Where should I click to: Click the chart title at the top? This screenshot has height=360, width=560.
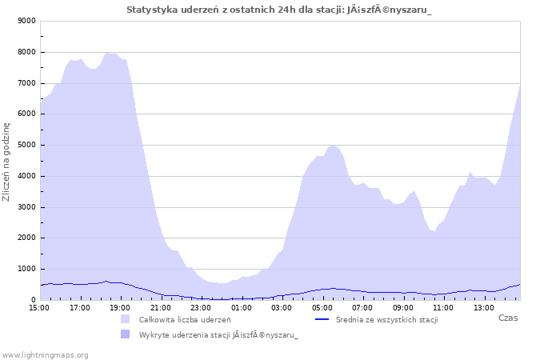tap(279, 10)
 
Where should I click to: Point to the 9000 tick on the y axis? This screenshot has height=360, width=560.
tap(26, 21)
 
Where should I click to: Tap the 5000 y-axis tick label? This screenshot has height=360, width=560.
tap(26, 145)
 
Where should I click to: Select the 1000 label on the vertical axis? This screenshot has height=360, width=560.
tap(26, 269)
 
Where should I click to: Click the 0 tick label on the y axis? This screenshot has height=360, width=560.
tap(34, 300)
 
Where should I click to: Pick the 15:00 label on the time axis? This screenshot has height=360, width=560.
tap(39, 308)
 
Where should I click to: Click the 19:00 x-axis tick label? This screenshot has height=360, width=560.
tap(120, 308)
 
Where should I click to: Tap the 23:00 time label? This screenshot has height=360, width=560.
tap(201, 308)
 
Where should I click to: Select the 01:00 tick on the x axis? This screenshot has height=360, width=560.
tap(241, 308)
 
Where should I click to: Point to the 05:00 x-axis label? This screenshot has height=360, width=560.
tap(322, 308)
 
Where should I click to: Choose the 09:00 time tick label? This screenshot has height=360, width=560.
tap(402, 308)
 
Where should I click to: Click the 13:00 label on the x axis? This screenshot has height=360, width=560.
tap(483, 308)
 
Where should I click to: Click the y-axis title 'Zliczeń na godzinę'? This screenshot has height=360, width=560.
tap(6, 162)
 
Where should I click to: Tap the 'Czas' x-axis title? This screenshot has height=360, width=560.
tap(508, 318)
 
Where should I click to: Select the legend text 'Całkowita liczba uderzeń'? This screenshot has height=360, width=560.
tap(185, 320)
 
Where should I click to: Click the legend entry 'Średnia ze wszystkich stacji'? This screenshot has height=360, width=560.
tap(386, 320)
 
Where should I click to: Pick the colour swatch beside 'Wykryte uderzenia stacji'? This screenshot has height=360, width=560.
tap(125, 334)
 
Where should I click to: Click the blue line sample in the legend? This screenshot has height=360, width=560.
tap(322, 319)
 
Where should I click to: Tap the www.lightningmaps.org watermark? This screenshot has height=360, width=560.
tap(44, 355)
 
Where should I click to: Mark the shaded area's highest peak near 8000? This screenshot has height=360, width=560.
tap(106, 53)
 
